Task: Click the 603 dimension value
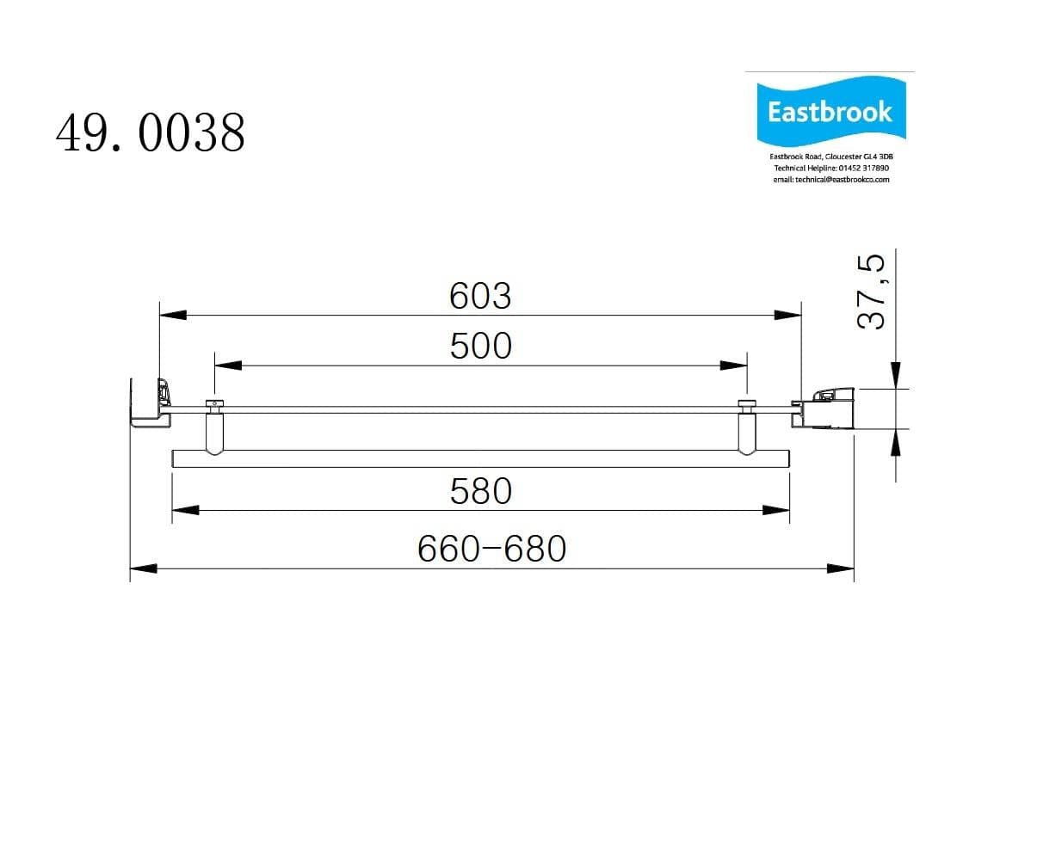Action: (480, 296)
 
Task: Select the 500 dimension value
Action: (480, 346)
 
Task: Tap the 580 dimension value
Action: (480, 491)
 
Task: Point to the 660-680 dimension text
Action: (492, 548)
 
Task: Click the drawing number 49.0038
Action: (151, 133)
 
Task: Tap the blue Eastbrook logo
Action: (830, 112)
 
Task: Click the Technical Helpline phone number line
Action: (830, 168)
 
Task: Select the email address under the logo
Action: (830, 179)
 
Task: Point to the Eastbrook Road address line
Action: (830, 157)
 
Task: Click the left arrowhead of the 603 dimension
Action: (173, 315)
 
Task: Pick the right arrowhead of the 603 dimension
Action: (788, 315)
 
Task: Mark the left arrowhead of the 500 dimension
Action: (228, 365)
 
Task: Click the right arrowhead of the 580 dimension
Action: (777, 510)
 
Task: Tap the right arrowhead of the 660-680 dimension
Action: (841, 568)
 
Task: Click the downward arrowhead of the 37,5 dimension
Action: (896, 375)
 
